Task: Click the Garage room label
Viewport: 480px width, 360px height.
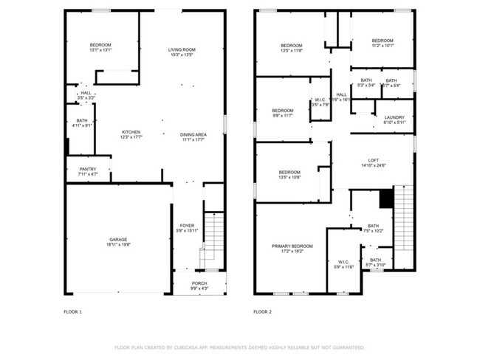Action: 118,240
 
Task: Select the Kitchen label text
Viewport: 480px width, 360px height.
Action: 131,132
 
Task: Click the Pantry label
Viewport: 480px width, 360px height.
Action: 87,169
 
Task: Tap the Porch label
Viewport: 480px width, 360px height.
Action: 199,283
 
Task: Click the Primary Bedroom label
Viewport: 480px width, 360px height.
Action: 292,246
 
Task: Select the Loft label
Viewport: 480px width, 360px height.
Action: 374,161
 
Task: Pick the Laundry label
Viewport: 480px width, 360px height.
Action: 394,117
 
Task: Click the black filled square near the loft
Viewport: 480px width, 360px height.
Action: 385,198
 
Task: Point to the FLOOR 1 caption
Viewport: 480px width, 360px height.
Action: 72,312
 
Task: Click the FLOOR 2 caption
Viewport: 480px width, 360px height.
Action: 263,312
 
